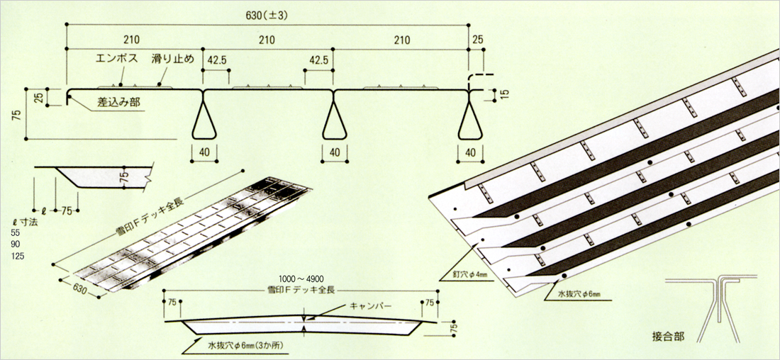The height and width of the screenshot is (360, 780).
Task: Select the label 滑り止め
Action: pos(173,60)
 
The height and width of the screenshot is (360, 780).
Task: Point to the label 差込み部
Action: pos(119,103)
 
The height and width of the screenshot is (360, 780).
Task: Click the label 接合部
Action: pos(668,336)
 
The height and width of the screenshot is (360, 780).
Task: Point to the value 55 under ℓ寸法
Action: pos(16,233)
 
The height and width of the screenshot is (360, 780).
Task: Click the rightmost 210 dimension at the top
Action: pos(402,39)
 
